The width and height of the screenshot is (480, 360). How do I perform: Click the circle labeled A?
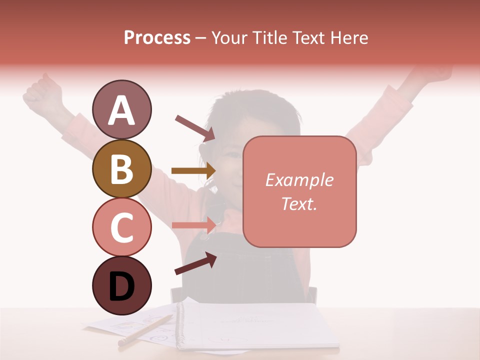[x=121, y=109]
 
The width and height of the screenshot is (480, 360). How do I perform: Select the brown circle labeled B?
[x=121, y=168]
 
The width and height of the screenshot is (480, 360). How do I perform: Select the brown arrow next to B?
[x=193, y=171]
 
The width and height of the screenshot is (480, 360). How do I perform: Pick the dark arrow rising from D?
[x=195, y=264]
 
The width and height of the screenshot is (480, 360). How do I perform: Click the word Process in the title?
[x=157, y=37]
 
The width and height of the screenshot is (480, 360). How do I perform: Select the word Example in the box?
[x=299, y=180]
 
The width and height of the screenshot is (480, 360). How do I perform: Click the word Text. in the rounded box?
[x=299, y=203]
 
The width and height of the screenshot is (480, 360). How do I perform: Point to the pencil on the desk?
[x=145, y=330]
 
